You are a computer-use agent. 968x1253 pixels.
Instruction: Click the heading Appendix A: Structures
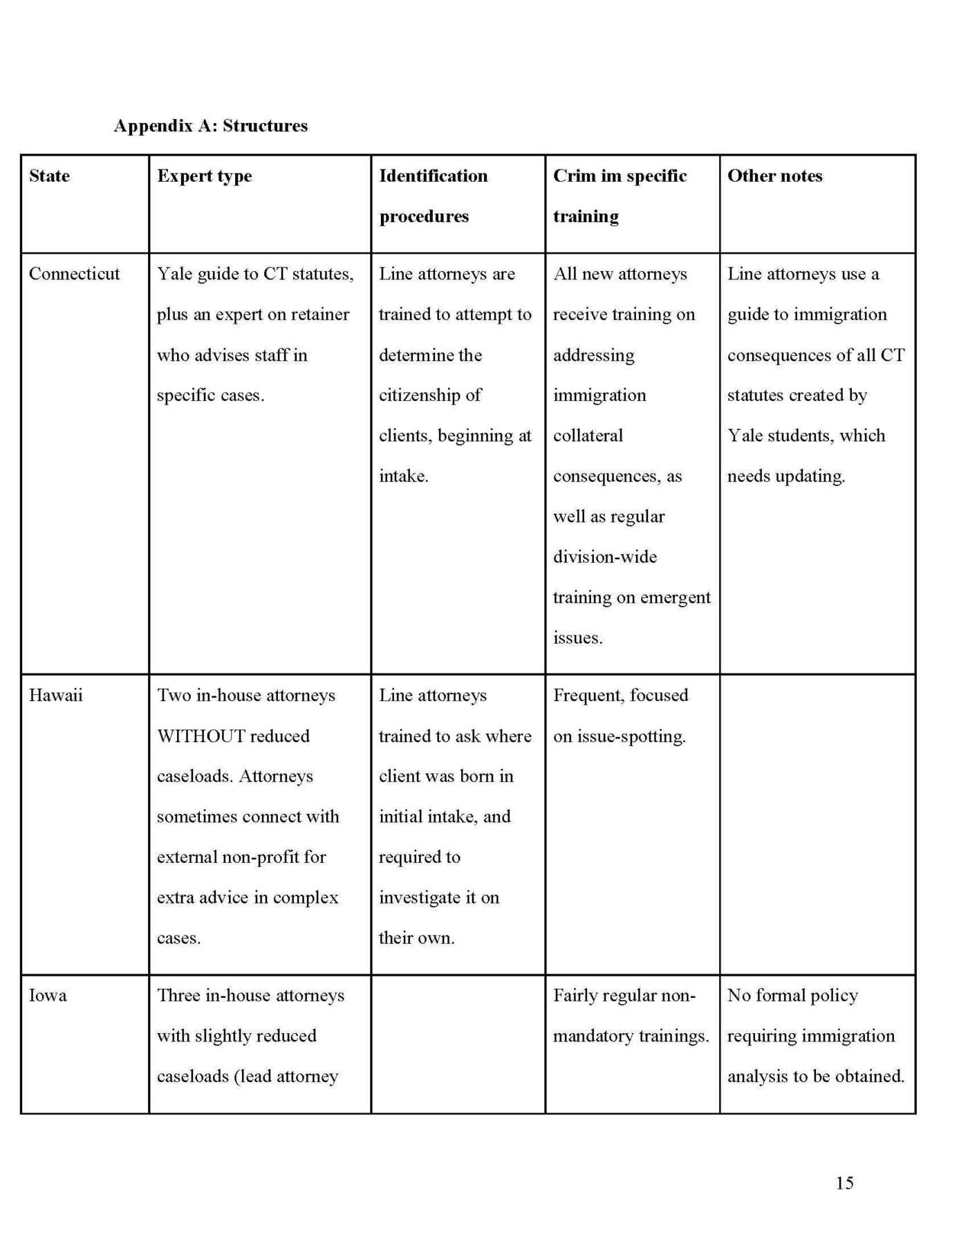[x=211, y=126]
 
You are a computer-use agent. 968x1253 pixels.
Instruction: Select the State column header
[x=49, y=176]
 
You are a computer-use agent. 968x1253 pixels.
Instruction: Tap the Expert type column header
[x=204, y=176]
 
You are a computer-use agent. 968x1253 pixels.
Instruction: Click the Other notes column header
[x=774, y=176]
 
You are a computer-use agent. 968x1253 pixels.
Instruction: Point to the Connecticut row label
[x=74, y=274]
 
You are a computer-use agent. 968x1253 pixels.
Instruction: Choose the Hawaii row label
[x=55, y=695]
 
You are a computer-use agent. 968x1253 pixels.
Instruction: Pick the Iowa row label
[x=48, y=995]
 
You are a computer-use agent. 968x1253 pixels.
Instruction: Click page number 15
[x=844, y=1182]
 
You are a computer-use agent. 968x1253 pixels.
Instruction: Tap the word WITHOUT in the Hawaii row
[x=201, y=736]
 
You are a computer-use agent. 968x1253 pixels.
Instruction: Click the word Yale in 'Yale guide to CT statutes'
[x=174, y=274]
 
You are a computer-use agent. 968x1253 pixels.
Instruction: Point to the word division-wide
[x=605, y=557]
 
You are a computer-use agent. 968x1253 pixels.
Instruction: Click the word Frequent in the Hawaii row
[x=587, y=695]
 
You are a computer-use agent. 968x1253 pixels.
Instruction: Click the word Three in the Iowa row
[x=178, y=995]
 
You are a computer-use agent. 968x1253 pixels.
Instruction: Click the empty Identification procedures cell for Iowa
[x=458, y=1043]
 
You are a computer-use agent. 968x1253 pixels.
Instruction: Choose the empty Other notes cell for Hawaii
[x=817, y=824]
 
